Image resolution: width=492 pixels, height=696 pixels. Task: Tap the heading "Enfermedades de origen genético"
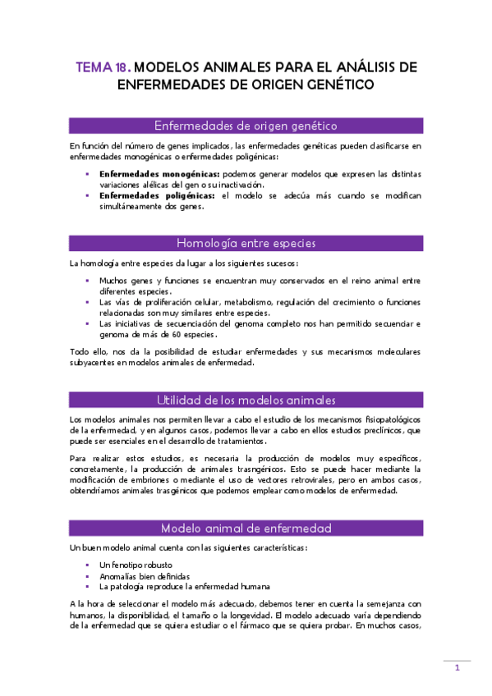click(246, 126)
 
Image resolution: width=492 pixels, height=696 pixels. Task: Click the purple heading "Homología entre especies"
click(246, 243)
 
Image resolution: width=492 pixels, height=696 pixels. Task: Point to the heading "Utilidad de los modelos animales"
click(246, 401)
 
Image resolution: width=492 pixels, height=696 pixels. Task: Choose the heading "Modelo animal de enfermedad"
click(246, 528)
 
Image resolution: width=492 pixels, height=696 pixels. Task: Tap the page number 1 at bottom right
click(458, 669)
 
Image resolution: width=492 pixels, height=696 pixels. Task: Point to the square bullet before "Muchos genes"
click(88, 281)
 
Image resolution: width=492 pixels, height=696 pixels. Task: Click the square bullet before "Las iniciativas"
click(88, 323)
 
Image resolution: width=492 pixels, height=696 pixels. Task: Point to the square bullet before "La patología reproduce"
click(88, 587)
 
